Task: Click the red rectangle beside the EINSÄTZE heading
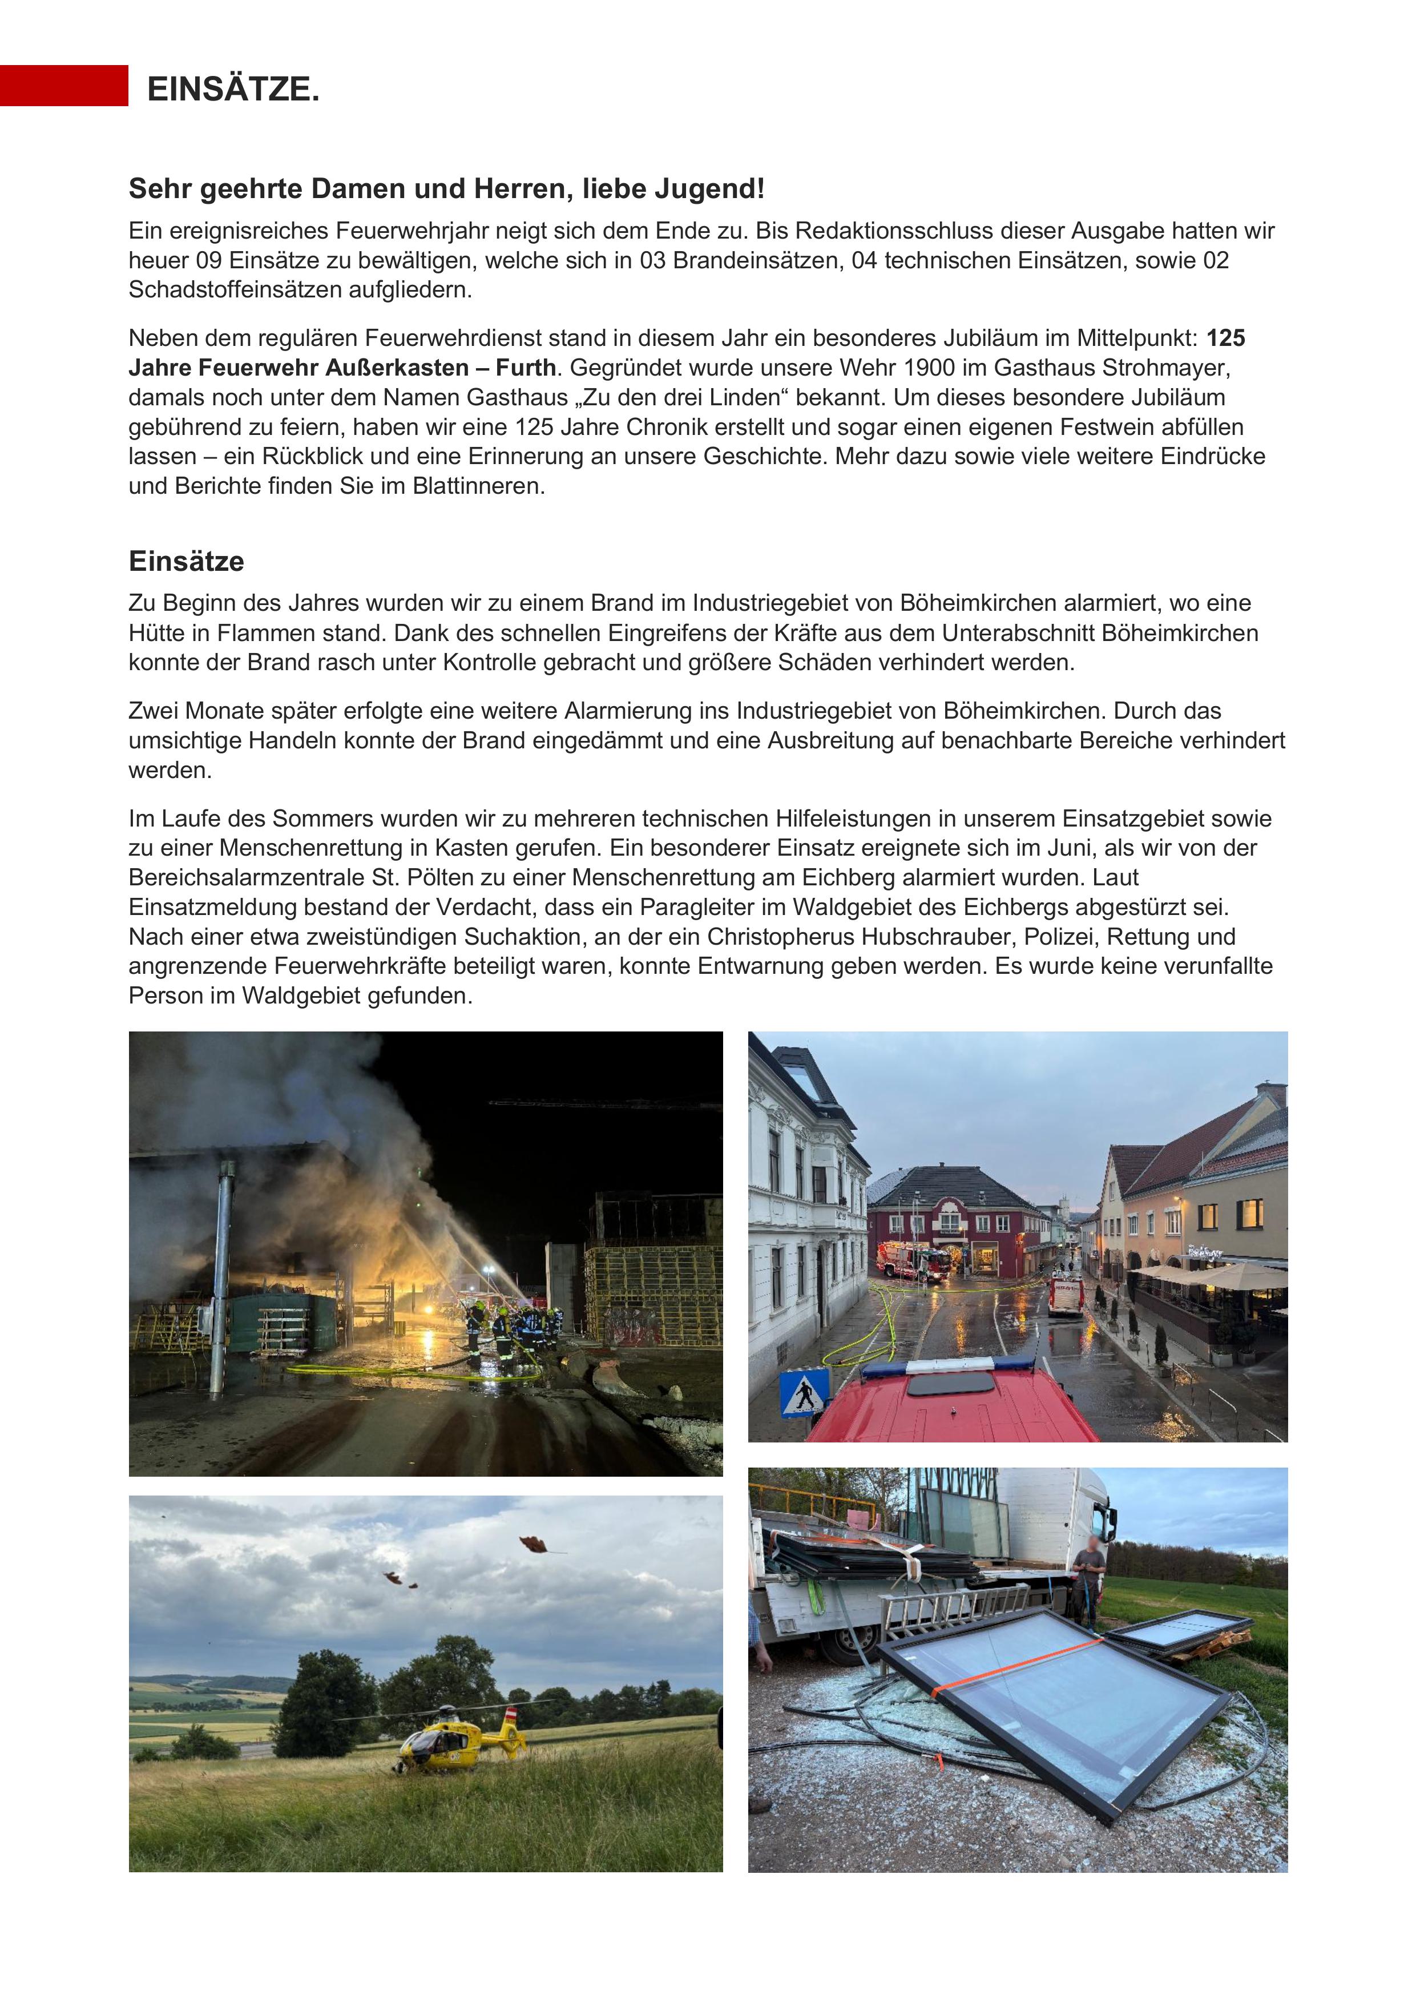pos(64,86)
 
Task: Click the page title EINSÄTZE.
pos(233,89)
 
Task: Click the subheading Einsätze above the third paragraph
pos(186,561)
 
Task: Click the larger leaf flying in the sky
pos(534,1545)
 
